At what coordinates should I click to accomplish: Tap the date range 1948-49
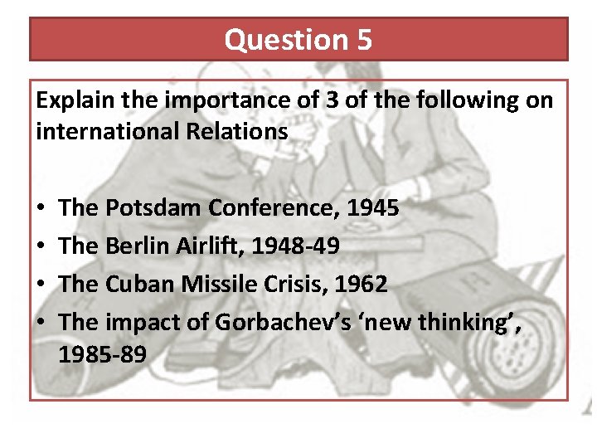[x=298, y=246]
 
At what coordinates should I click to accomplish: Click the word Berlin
[x=134, y=246]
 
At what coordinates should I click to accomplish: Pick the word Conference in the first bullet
[x=269, y=208]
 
